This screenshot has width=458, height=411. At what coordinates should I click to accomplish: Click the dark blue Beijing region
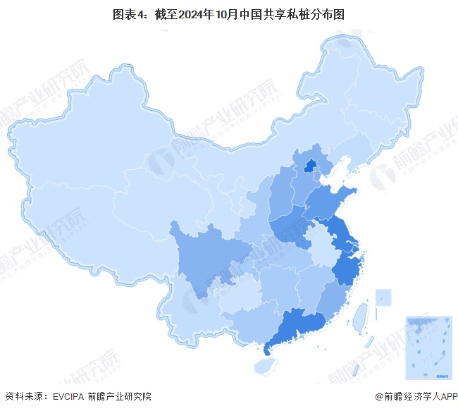click(x=309, y=166)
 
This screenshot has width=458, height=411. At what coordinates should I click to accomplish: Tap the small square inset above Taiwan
click(x=383, y=297)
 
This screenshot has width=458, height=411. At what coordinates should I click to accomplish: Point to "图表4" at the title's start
click(x=128, y=14)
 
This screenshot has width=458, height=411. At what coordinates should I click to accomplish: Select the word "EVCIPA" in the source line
click(x=71, y=397)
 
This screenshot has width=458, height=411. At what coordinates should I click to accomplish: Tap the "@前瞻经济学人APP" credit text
click(x=416, y=397)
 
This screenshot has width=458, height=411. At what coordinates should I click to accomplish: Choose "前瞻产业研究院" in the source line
click(x=123, y=397)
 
